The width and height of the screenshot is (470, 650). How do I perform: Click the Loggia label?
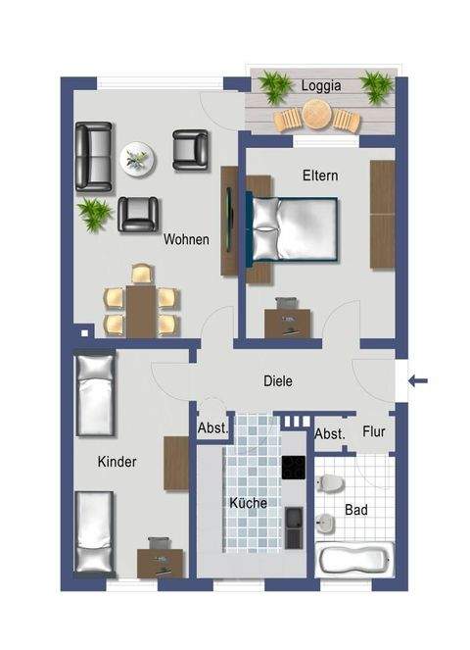point(322,86)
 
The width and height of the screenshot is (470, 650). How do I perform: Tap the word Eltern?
point(320,176)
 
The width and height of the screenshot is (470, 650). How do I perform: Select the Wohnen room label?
point(186,239)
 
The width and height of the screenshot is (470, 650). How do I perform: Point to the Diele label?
point(278,381)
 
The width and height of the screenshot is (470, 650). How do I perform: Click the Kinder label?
point(117,462)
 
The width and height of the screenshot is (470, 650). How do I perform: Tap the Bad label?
point(358,510)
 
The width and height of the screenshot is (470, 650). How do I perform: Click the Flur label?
point(374,430)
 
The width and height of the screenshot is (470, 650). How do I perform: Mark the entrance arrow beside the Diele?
point(418,381)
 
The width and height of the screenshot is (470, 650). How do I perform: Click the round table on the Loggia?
point(315,116)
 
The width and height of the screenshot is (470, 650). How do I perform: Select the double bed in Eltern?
point(293,229)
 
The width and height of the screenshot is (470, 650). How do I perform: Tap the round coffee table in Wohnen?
point(136,157)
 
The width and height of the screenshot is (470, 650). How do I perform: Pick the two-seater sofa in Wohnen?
point(95,157)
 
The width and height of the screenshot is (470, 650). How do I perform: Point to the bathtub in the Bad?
point(355,562)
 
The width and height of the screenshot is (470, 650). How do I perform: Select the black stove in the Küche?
point(293,468)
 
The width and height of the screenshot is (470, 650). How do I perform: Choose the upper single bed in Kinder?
point(96,396)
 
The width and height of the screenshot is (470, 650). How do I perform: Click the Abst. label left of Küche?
point(213,428)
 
